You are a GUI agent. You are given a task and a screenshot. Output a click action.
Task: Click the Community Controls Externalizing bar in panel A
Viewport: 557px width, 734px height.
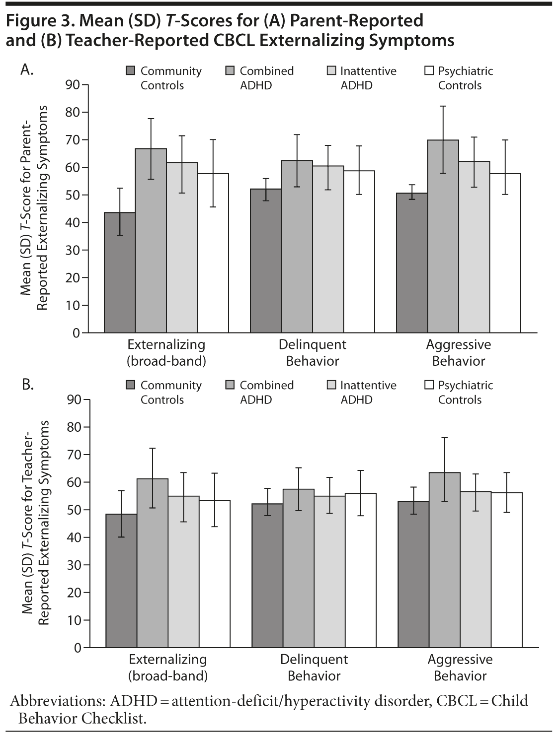point(119,272)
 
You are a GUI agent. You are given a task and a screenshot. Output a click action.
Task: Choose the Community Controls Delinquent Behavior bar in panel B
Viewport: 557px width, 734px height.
point(267,576)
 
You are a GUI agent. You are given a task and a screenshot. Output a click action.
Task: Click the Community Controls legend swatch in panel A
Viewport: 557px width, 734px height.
point(131,71)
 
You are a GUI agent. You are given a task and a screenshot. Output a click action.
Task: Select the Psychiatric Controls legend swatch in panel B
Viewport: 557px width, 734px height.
point(429,385)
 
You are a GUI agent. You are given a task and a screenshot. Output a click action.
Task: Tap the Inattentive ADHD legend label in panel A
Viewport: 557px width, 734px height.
point(368,78)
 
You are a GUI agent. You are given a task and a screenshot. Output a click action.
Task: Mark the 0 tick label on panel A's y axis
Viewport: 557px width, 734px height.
point(76,333)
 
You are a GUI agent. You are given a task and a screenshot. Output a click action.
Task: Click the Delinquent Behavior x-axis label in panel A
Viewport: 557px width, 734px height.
point(313,352)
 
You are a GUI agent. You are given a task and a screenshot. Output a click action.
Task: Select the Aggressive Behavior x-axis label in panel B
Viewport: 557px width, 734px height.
point(460,667)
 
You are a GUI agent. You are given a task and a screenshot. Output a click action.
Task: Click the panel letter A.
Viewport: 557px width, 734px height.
point(27,70)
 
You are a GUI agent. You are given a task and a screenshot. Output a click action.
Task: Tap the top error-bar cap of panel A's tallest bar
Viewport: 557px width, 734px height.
point(443,106)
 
